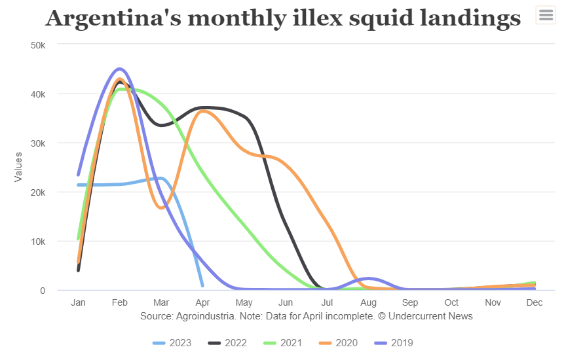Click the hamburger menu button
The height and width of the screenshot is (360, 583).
[546, 15]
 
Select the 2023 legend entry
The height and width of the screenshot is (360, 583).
[172, 343]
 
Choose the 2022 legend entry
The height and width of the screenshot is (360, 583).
[229, 343]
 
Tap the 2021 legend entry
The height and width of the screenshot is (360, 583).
[285, 343]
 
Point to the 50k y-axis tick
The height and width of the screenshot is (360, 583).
[38, 45]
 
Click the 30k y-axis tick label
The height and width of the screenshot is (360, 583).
[38, 143]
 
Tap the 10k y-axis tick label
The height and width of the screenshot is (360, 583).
[38, 242]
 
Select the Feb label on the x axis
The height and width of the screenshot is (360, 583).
[120, 303]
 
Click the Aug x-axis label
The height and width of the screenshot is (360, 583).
[368, 303]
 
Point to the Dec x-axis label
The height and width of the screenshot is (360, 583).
[535, 303]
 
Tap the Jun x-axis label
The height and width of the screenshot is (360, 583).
[286, 303]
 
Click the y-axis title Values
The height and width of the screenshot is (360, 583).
[18, 167]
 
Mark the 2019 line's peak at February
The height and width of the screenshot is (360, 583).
[119, 69]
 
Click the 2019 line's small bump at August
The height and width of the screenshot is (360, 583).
[369, 279]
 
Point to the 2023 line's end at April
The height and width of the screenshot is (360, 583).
[202, 285]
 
